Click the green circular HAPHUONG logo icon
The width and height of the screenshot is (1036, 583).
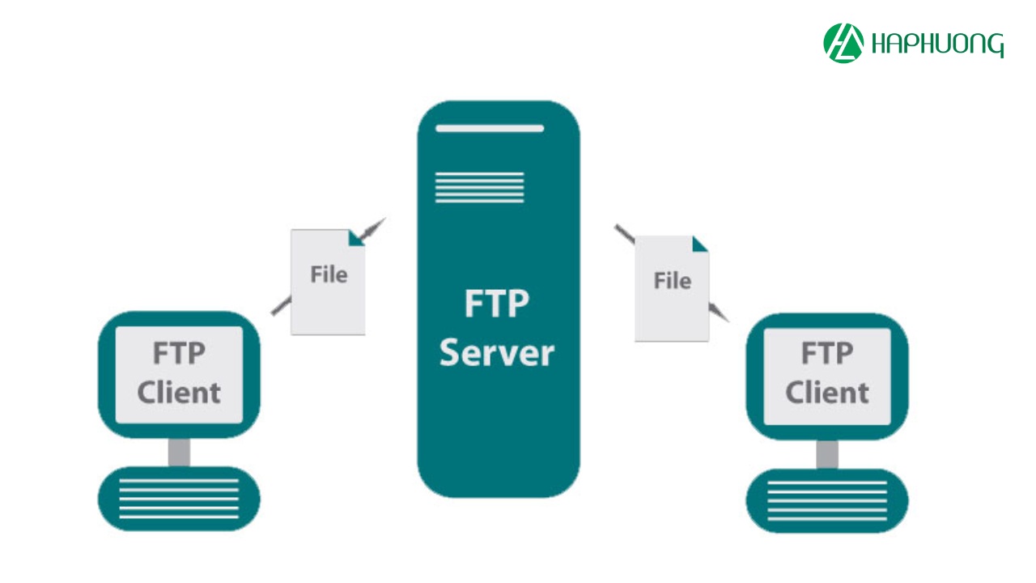coord(843,44)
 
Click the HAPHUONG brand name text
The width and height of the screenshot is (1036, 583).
coord(937,45)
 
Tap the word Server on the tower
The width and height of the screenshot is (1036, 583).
coord(497,353)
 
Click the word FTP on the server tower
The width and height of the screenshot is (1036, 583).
coord(496,304)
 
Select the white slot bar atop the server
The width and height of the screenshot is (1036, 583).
coord(490,128)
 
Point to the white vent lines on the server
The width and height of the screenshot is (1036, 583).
coord(479,187)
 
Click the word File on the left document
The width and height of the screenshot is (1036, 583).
coord(329,274)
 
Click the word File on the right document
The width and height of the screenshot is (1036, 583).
coord(672,281)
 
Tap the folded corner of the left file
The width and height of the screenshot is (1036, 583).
coord(357,237)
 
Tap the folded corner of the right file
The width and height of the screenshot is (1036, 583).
coord(700,243)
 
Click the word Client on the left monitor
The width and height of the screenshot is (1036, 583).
coord(179,393)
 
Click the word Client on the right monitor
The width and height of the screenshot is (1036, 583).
coord(826,393)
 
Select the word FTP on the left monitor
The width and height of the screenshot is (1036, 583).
coord(179,354)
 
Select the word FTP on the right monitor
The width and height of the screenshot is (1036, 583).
coord(826,354)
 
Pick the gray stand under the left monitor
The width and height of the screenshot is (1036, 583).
coord(179,452)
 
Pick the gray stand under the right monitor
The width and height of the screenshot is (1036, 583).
coord(827,453)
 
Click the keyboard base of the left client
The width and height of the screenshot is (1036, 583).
coord(179,498)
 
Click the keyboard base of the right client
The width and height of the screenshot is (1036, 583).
coord(826,500)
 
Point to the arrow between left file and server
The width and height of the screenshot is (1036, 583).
coord(373,228)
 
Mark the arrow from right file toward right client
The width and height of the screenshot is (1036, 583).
coord(719,313)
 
